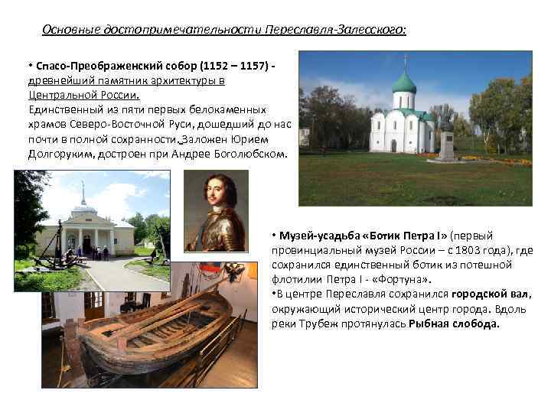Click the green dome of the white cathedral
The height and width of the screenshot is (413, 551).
tap(403, 82)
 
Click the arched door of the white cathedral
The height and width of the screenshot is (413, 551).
tap(393, 145)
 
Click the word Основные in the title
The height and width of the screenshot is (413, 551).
tap(67, 30)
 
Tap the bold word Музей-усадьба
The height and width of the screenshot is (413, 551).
tap(315, 235)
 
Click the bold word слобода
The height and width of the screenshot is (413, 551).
tap(476, 323)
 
